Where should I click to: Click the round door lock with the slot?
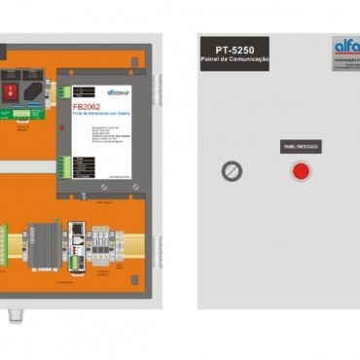(232, 170)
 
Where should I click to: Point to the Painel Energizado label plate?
(301, 147)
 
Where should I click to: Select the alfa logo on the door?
(345, 46)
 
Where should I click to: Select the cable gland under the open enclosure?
(14, 314)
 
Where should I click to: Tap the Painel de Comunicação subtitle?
(234, 61)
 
